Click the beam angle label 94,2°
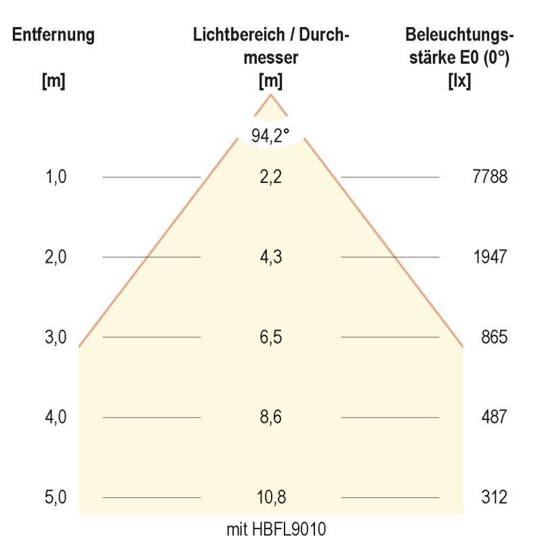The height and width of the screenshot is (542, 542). click(x=270, y=135)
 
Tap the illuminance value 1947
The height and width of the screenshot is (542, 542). click(x=490, y=257)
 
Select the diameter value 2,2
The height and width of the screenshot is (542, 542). click(x=271, y=178)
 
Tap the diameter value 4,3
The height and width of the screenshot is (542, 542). click(x=271, y=257)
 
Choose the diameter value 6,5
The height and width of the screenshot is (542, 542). click(x=271, y=337)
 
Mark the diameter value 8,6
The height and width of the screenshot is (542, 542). click(x=271, y=417)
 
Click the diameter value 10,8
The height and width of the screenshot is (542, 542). click(x=271, y=498)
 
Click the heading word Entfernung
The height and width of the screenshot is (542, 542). click(x=53, y=35)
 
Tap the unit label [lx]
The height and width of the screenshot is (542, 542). click(x=460, y=81)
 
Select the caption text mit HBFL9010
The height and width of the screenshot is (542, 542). click(x=271, y=528)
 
